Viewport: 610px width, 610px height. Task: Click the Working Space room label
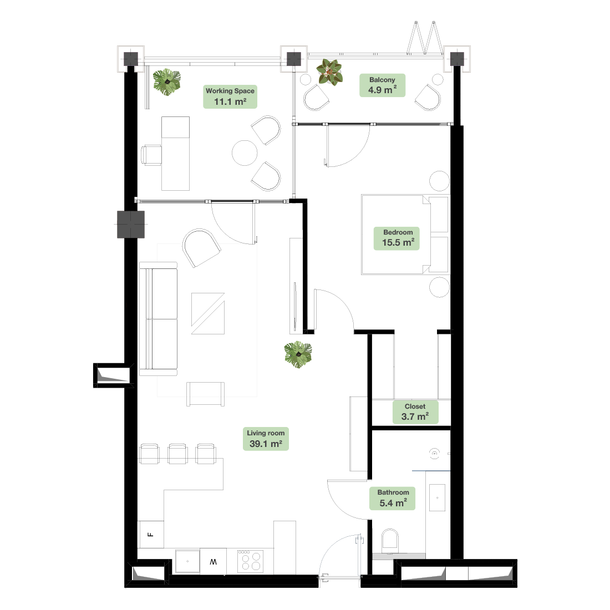tap(230, 96)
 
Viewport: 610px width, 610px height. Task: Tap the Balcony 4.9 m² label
tap(382, 85)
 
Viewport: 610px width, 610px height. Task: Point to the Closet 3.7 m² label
tap(415, 412)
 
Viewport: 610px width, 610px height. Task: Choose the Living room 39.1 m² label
tap(266, 439)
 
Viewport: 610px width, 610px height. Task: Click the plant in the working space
tap(167, 82)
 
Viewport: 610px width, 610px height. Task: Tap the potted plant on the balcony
tap(329, 72)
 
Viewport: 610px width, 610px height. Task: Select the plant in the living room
tap(298, 354)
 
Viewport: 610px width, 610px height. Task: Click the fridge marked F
tap(151, 534)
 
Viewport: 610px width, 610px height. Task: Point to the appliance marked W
tap(213, 561)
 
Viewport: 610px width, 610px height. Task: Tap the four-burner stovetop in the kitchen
tap(251, 561)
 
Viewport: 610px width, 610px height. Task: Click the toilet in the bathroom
tap(390, 541)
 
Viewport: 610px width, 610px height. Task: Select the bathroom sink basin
tap(438, 497)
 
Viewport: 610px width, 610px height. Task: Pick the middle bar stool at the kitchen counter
tap(178, 454)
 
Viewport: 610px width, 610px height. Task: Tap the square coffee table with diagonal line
tap(208, 313)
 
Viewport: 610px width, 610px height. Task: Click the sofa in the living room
tap(159, 319)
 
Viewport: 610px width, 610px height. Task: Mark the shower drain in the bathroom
tap(434, 453)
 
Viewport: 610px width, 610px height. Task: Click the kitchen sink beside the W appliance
tap(187, 561)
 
